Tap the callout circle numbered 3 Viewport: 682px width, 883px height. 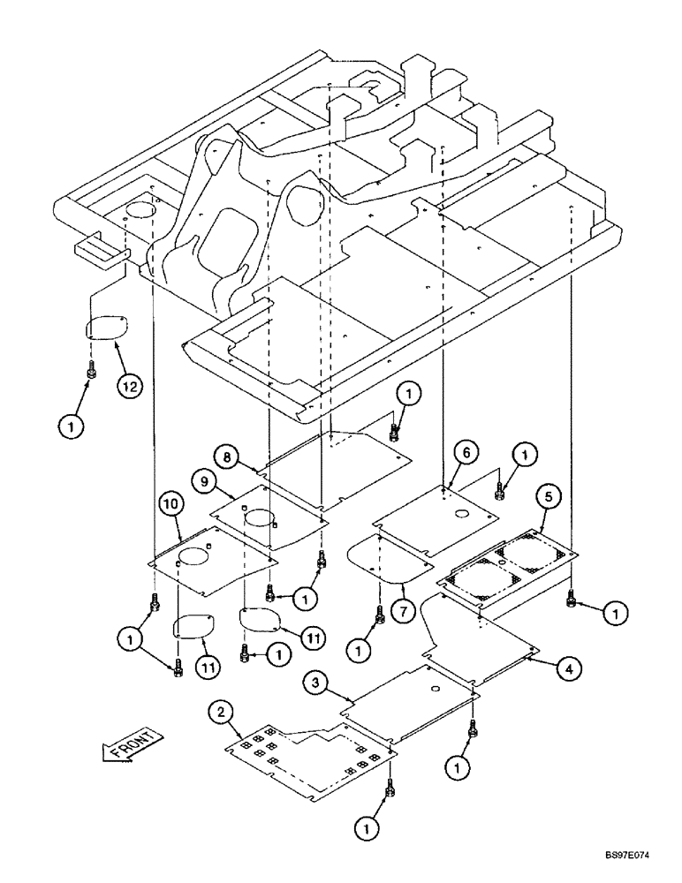pyautogui.click(x=316, y=683)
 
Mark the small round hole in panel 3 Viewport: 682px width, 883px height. pyautogui.click(x=436, y=688)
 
